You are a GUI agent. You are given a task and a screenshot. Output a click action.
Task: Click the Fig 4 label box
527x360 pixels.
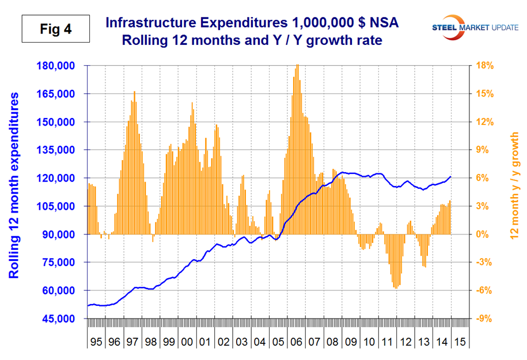[x=56, y=28]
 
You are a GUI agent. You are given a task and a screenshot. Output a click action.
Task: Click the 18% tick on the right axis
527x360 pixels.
[x=485, y=66]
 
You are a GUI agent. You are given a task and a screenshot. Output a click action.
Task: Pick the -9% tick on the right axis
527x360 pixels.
[x=485, y=319]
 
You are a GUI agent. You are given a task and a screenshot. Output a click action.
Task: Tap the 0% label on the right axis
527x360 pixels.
[x=485, y=234]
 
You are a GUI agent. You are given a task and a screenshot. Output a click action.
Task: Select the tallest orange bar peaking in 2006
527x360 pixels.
[x=297, y=66]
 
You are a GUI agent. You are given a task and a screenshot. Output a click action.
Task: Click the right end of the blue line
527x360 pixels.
[x=450, y=177]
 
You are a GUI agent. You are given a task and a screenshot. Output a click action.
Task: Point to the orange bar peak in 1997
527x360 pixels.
[x=134, y=92]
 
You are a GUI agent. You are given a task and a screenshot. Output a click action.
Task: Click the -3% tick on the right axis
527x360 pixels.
[x=485, y=263]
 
